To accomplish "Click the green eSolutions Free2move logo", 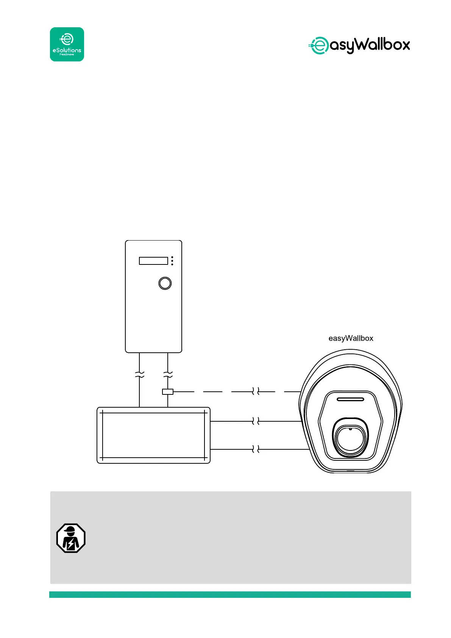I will point(67,44).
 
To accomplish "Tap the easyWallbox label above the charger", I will point(351,338).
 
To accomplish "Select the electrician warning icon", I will point(71,538).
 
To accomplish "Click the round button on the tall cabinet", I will point(165,283).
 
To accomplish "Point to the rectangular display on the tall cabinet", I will point(153,261).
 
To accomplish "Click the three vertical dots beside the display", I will point(172,261).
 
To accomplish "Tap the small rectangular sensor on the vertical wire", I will point(168,392).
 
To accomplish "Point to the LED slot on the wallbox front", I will point(350,399).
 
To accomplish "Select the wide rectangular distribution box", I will point(153,435).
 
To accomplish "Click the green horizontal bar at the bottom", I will point(230,594).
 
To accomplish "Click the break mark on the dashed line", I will point(256,391).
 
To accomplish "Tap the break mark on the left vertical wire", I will point(139,375).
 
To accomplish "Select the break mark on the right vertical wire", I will point(168,375).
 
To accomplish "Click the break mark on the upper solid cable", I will point(256,421).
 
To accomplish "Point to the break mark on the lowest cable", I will point(256,449).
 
